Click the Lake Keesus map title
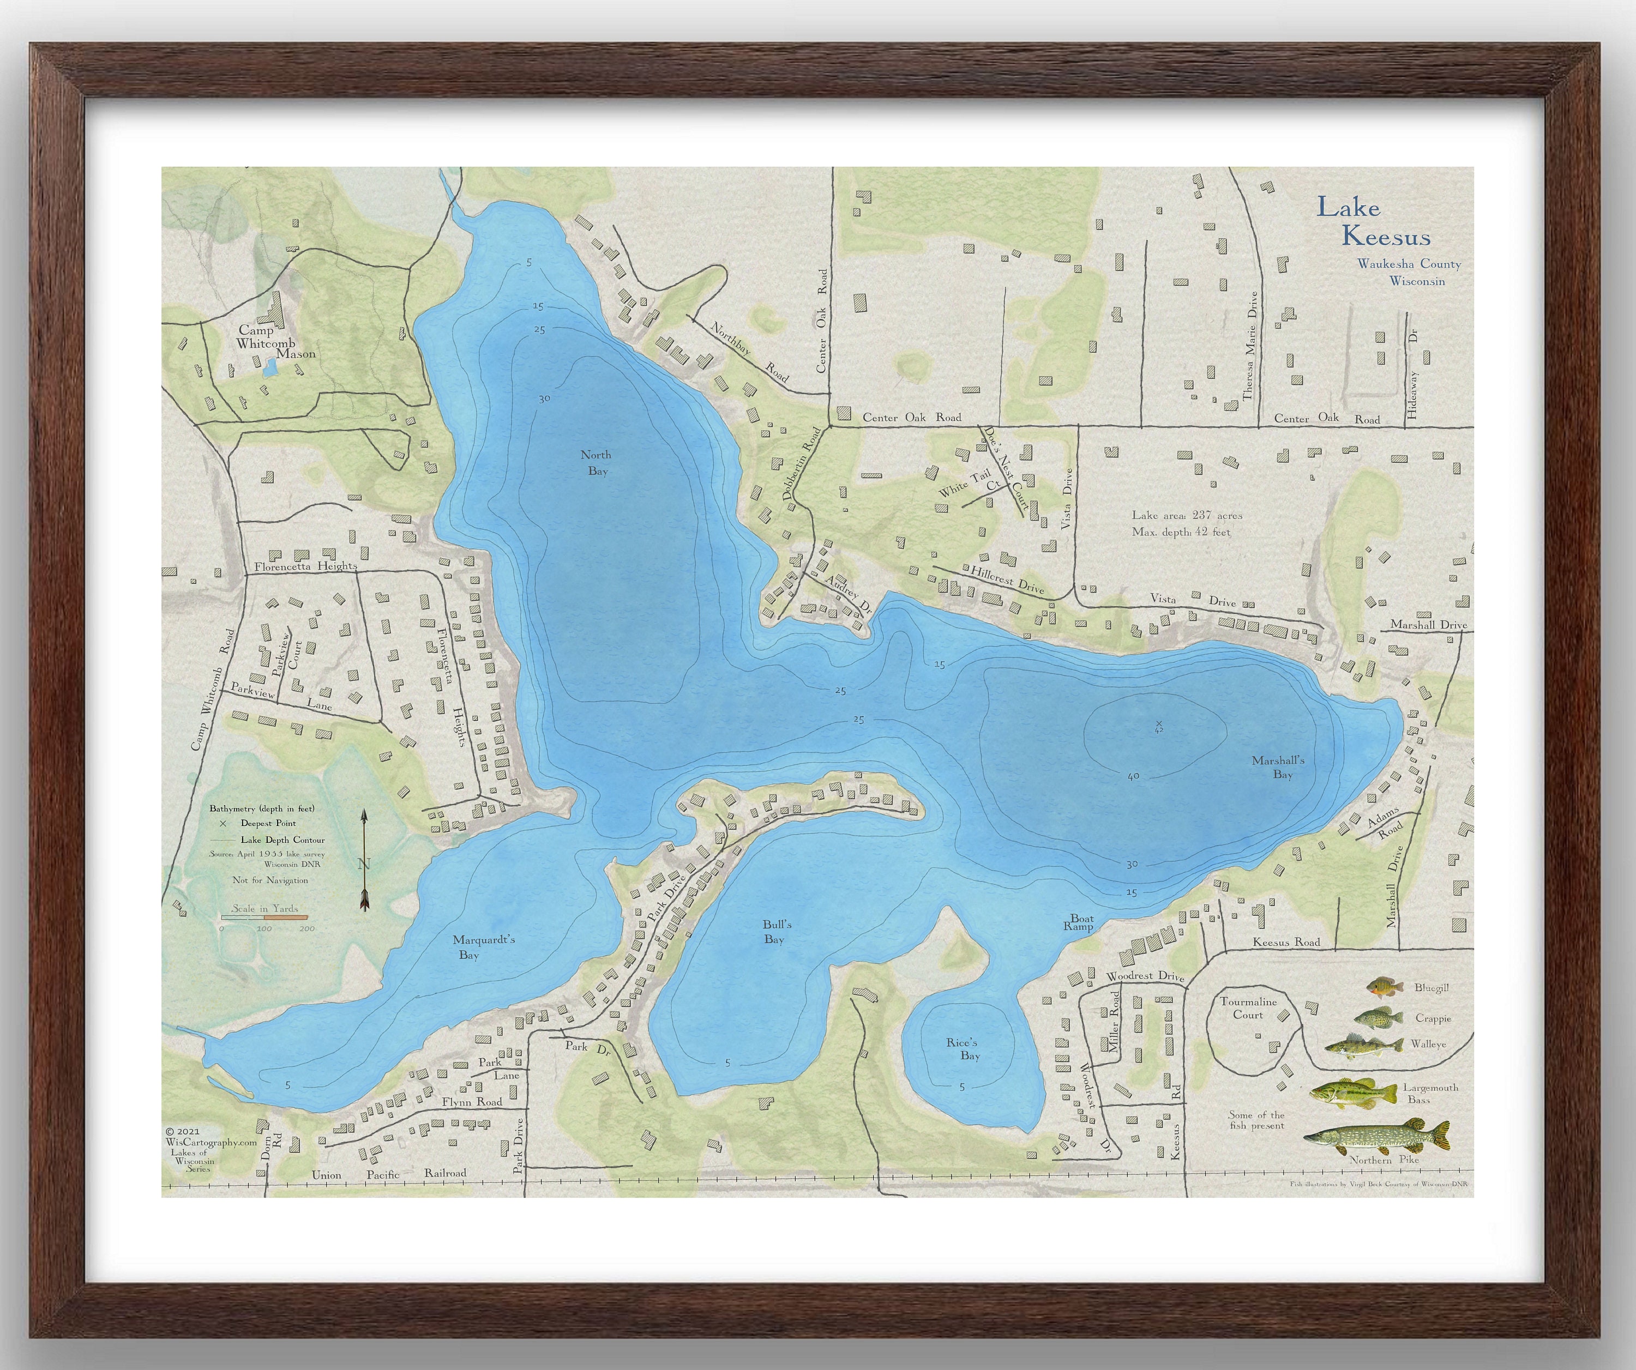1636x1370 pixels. pos(1373,221)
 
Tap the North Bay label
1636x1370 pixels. pos(597,463)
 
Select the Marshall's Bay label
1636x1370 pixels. pos(1278,767)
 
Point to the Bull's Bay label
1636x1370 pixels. pos(776,932)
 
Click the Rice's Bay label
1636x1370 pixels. pos(964,1049)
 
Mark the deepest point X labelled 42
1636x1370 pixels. pos(1158,725)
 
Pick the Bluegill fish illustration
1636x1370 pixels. pos(1385,988)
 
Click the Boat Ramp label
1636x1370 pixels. pos(1080,923)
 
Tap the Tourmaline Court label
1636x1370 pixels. pos(1248,1008)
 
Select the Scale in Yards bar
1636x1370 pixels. pos(265,918)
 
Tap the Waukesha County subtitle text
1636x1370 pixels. pos(1409,264)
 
